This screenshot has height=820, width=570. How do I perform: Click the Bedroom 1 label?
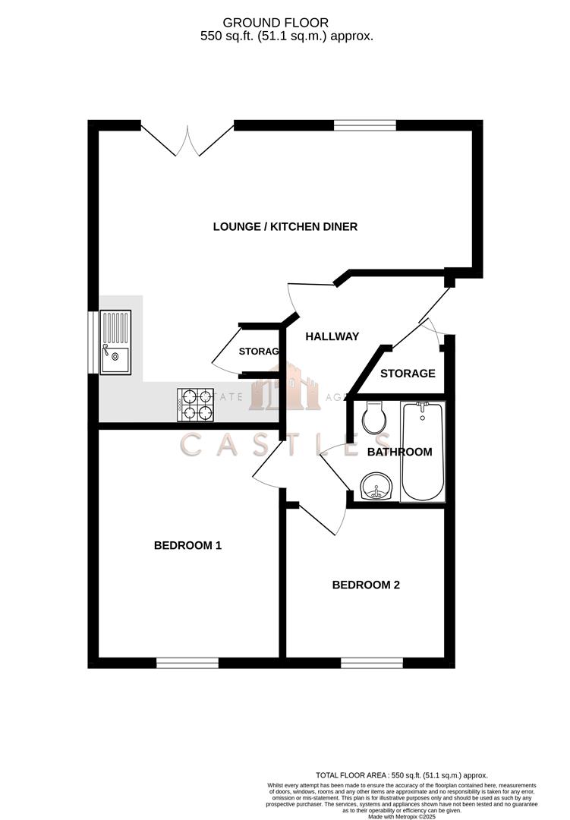[x=187, y=545]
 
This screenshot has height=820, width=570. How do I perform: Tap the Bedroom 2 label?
[x=366, y=585]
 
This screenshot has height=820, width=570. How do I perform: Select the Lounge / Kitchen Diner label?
[x=285, y=226]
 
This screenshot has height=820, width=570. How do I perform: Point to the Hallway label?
[x=332, y=336]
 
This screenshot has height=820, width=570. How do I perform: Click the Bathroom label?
[x=399, y=452]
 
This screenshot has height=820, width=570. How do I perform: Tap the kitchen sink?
[x=115, y=342]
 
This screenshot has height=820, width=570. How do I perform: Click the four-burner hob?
[x=196, y=405]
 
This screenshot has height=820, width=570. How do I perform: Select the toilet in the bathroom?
[x=373, y=418]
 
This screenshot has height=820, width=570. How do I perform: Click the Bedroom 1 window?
[x=187, y=663]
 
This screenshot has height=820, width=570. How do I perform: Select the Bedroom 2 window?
[x=371, y=663]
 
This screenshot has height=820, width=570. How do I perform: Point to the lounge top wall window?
[x=361, y=125]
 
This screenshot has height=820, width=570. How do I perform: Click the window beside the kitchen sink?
[x=93, y=342]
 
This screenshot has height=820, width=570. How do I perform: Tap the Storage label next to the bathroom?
[x=408, y=374]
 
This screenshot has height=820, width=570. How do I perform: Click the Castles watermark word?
[x=285, y=444]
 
